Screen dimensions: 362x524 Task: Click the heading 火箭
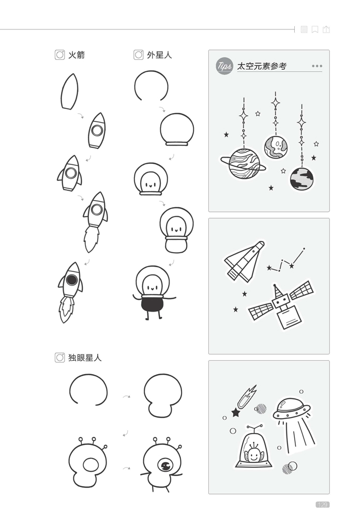click(x=76, y=55)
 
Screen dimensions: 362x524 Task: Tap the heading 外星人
click(x=159, y=55)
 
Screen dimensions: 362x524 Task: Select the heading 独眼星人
click(x=85, y=357)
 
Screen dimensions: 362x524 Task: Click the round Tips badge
click(x=224, y=66)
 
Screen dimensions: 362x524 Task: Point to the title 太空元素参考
click(x=261, y=66)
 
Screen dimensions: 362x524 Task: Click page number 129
click(x=322, y=504)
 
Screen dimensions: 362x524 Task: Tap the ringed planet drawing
click(x=243, y=164)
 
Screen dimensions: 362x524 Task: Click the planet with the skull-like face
click(x=276, y=147)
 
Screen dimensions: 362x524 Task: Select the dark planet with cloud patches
click(x=301, y=178)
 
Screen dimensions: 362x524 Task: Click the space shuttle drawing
click(x=243, y=260)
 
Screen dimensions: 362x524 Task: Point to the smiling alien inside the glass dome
click(x=252, y=454)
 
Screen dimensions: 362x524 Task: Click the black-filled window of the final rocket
click(x=72, y=281)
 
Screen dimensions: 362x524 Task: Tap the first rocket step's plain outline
click(x=69, y=91)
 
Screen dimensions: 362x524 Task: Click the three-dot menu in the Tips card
click(x=317, y=66)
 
